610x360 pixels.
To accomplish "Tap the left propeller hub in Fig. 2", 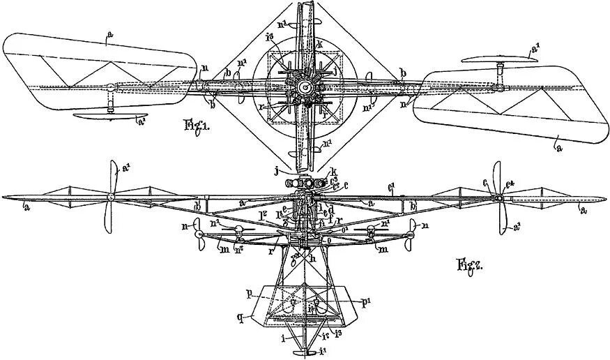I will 109,198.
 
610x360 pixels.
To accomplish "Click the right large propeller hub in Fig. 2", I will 498,198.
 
